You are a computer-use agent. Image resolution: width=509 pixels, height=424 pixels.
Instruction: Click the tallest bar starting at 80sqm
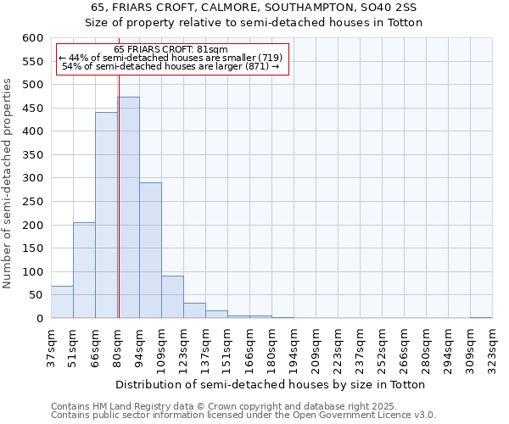pos(129,208)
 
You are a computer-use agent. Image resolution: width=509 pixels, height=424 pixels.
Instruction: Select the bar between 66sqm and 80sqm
pos(106,215)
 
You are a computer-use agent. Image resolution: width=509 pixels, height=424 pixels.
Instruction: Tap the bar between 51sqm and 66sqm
pos(84,271)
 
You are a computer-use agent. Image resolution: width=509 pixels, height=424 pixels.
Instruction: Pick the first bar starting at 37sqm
pos(62,302)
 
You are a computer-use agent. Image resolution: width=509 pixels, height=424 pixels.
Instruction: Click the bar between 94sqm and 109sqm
pos(150,250)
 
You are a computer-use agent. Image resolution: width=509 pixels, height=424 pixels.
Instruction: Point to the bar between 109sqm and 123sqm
pos(172,297)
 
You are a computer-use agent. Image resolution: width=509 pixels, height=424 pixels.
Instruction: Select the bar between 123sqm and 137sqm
pos(194,310)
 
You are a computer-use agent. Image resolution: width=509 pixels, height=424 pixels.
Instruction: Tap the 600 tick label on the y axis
pos(32,38)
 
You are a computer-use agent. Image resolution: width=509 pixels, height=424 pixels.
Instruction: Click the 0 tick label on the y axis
pos(39,319)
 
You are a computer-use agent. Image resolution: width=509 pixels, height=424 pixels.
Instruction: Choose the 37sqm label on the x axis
pos(51,349)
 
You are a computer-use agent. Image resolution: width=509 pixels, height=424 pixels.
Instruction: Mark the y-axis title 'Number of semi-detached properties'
pos(8,183)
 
